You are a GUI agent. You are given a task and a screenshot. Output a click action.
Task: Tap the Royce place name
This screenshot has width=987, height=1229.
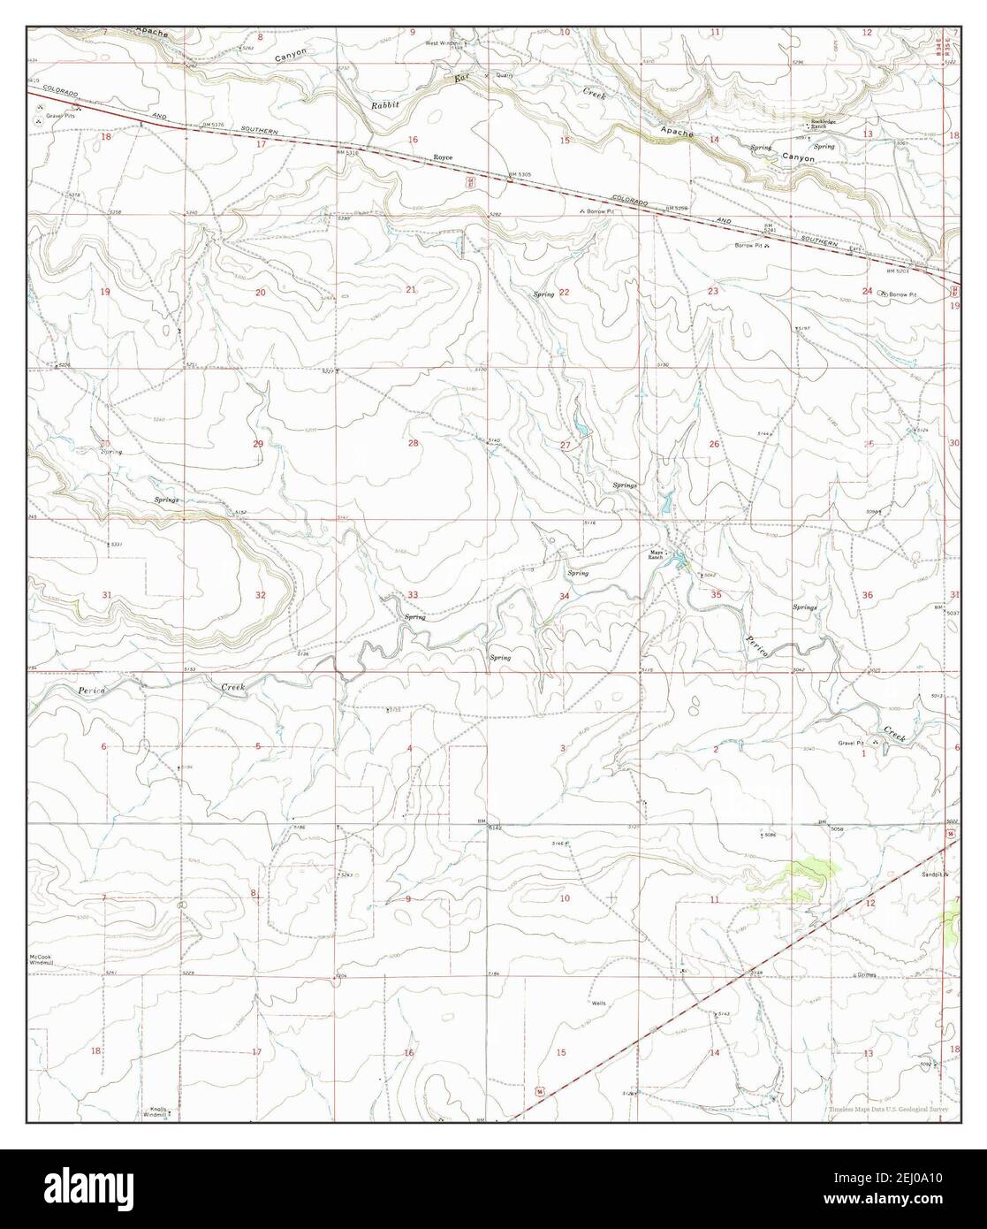443,157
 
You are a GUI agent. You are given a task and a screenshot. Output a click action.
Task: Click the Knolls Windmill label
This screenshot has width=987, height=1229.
156,1111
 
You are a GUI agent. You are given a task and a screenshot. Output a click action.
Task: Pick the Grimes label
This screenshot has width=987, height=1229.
866,975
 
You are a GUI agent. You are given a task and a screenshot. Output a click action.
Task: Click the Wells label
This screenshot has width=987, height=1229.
599,1004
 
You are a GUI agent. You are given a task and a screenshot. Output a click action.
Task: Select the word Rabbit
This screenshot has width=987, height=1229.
385,104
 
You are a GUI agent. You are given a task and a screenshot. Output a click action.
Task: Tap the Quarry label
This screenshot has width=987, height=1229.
505,75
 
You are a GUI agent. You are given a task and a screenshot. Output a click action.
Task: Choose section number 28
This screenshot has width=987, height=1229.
413,443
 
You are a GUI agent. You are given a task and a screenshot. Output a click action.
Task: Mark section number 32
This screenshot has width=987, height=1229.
260,595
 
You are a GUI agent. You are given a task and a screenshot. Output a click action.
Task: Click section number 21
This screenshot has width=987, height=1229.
411,290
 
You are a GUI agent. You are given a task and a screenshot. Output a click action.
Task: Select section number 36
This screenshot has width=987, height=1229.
868,595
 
